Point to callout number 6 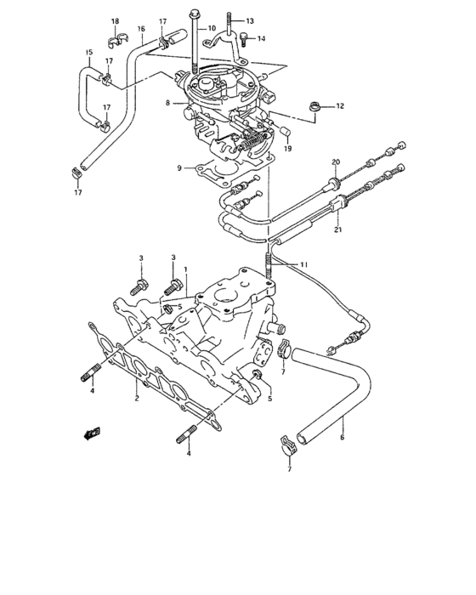(x=342, y=439)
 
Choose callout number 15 (x=88, y=53)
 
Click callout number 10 (x=212, y=28)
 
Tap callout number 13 (x=249, y=20)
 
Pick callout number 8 (x=168, y=104)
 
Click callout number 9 (x=179, y=168)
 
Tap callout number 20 (x=335, y=161)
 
